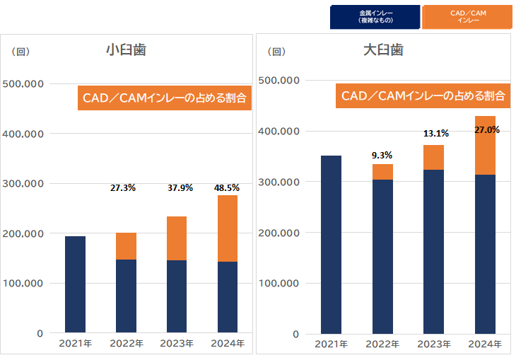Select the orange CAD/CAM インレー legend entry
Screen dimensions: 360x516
point(467,17)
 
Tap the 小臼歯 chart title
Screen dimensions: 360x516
point(126,50)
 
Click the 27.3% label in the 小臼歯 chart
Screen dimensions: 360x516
point(123,188)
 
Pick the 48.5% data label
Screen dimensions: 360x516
point(226,188)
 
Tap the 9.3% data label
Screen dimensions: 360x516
point(382,155)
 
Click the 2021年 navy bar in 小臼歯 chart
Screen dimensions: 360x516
point(75,284)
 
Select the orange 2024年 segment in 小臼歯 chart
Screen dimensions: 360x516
point(228,228)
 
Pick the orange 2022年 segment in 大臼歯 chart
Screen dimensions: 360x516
point(383,172)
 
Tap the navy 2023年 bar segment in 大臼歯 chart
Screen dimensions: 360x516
point(434,251)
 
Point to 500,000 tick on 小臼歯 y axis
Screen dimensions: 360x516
point(23,83)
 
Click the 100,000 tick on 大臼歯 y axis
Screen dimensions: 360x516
point(281,284)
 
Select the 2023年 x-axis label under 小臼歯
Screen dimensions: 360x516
point(177,344)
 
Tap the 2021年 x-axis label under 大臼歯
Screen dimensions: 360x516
point(331,344)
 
